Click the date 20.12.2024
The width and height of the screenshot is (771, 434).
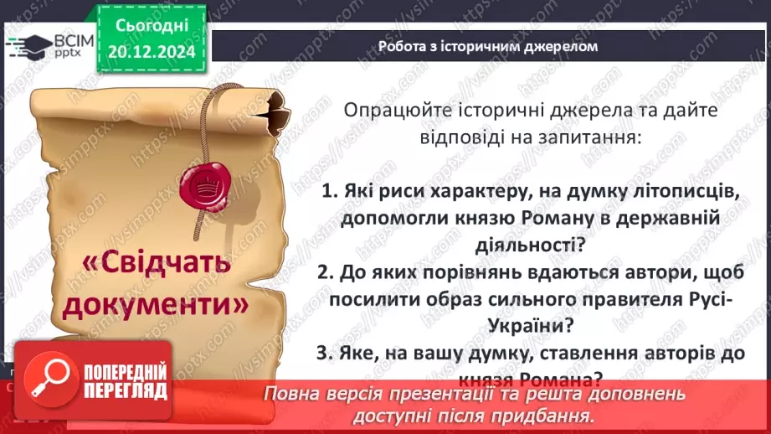[152, 52]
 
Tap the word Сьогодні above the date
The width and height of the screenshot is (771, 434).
[152, 26]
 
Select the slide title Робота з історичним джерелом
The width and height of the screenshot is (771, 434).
[486, 46]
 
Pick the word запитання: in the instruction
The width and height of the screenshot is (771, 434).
[592, 137]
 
